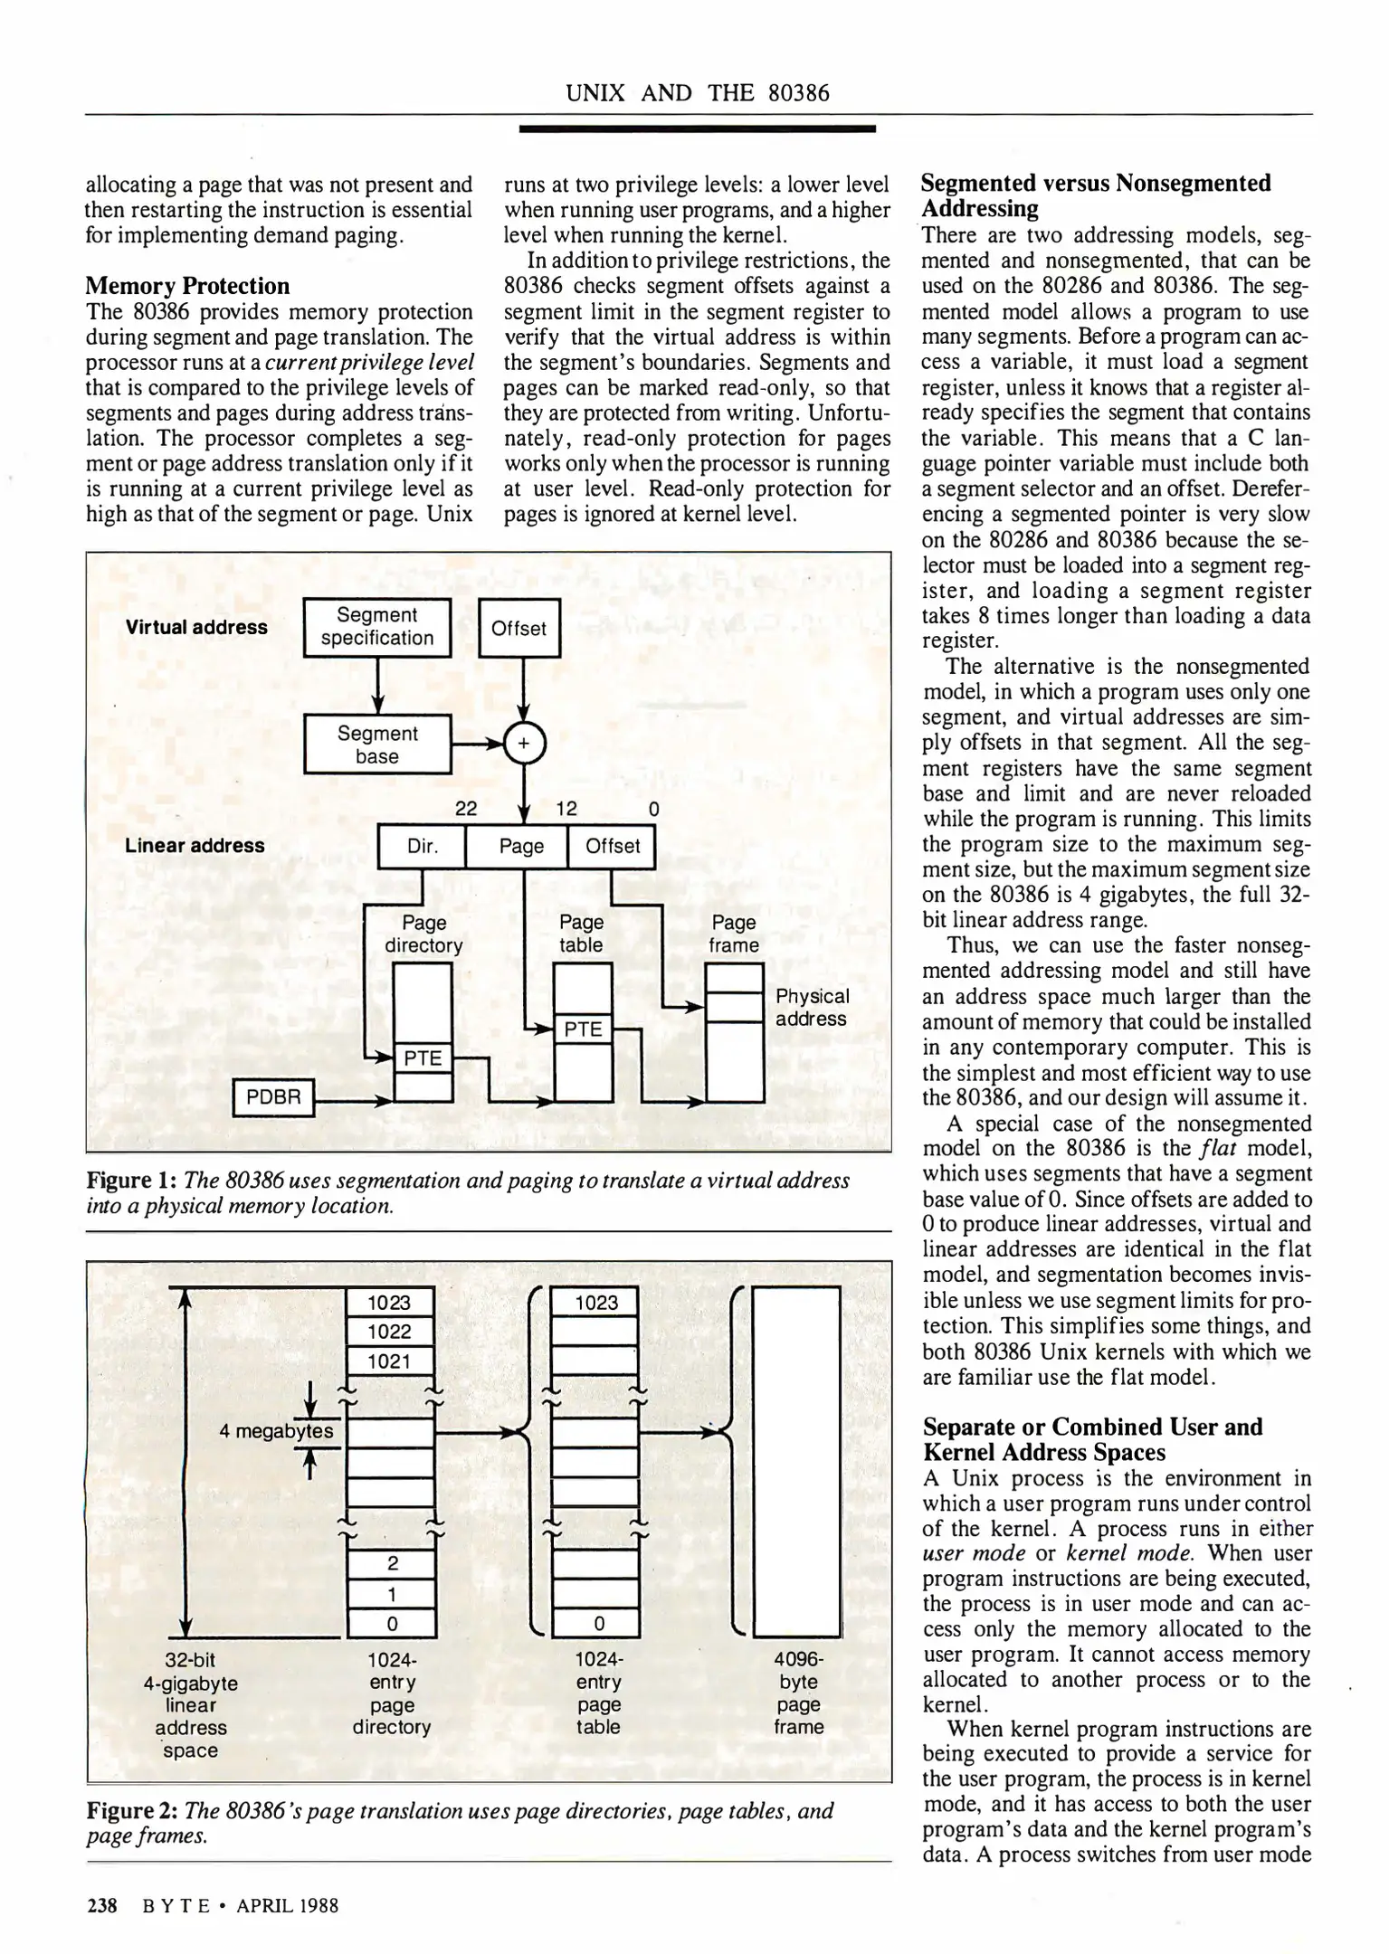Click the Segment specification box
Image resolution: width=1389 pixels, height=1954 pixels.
coord(376,627)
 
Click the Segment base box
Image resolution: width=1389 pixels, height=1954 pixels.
coord(376,745)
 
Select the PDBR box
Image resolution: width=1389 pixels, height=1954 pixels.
coord(272,1097)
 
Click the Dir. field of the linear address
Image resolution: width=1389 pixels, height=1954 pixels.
coord(422,847)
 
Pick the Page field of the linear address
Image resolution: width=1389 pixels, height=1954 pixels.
coord(521,847)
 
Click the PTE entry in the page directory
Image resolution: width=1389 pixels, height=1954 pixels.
coord(423,1058)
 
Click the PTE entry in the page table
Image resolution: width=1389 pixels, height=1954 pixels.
coord(583,1029)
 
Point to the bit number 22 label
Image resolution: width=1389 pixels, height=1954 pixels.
coord(466,809)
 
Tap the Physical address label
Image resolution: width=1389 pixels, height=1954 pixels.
coord(812,1008)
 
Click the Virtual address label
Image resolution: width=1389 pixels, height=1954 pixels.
coord(196,628)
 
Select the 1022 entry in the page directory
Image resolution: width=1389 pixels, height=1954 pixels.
coord(390,1332)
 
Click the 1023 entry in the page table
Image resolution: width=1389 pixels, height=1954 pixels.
coord(596,1303)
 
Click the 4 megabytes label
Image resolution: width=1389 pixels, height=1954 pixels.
coord(276,1431)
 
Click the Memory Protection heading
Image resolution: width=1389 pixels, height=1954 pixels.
coord(187,286)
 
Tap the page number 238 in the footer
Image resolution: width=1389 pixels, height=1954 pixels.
coord(101,1906)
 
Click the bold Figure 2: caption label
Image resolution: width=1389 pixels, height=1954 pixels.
coord(132,1811)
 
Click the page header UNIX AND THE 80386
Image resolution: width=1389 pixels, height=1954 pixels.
coord(697,93)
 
